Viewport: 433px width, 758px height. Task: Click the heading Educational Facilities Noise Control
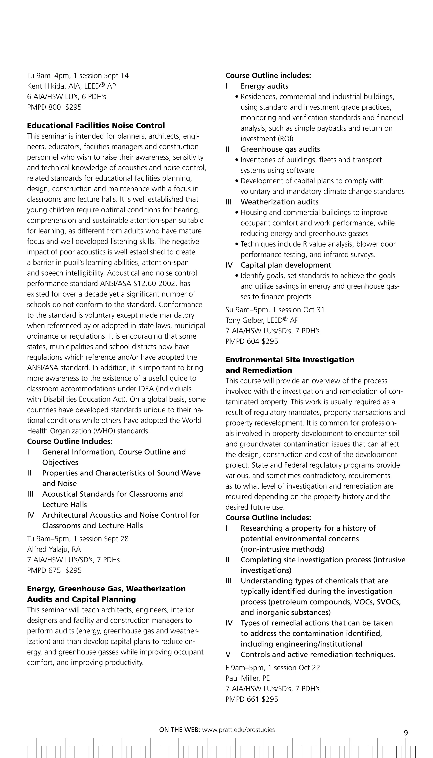click(96, 126)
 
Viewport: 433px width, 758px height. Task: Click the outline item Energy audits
click(264, 86)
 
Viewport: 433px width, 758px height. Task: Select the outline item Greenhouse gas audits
click(280, 149)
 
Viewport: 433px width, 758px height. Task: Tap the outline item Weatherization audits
click(279, 202)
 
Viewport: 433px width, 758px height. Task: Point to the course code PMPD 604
click(242, 341)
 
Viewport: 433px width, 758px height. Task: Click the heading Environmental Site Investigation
click(290, 360)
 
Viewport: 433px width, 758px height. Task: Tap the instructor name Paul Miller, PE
click(247, 678)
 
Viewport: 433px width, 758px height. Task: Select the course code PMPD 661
click(242, 699)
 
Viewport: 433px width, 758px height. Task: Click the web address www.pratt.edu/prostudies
click(238, 730)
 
